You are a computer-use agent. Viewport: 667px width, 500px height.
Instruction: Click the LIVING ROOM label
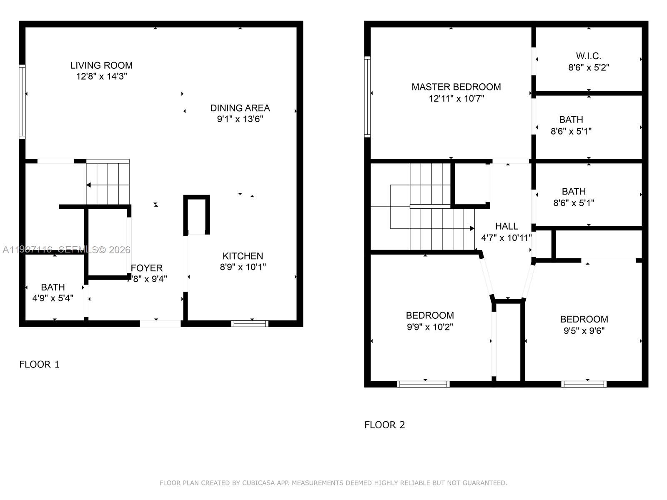click(101, 65)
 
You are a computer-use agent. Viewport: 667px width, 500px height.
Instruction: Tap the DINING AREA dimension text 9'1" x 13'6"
click(240, 119)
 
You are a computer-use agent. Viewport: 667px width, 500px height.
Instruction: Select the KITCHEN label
click(243, 256)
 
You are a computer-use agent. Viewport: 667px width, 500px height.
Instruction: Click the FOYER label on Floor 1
click(147, 268)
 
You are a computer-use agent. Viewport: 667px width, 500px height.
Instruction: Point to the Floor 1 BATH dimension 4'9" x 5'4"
click(53, 298)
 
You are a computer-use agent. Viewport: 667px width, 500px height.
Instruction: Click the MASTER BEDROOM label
click(456, 87)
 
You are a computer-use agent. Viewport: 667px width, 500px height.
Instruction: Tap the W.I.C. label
click(588, 56)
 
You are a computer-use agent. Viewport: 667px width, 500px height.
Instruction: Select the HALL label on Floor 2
click(507, 226)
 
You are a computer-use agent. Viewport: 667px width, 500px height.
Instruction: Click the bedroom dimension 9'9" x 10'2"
click(430, 327)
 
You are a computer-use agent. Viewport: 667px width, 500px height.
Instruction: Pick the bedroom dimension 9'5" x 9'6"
click(584, 331)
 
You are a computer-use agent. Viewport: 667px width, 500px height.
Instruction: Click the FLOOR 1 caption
click(40, 365)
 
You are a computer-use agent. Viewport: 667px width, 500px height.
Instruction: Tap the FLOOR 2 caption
click(384, 425)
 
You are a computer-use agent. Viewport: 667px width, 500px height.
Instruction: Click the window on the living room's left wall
click(22, 102)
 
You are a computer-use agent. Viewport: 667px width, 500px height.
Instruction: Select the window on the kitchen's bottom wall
click(250, 323)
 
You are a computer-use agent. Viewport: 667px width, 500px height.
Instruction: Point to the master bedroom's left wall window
click(367, 97)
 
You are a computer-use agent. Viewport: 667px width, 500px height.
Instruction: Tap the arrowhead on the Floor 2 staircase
click(472, 228)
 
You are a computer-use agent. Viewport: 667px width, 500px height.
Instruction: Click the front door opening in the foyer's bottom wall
click(160, 323)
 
